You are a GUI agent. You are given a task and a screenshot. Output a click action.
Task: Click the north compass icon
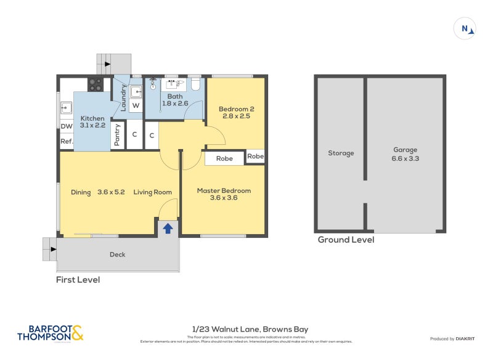point(465,28)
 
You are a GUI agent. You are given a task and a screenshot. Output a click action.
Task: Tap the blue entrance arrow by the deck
point(167,229)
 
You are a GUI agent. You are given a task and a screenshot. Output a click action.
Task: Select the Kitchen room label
point(92,118)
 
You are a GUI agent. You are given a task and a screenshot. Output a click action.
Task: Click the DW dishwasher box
point(67,127)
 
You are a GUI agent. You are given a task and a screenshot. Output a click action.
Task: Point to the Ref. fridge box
point(67,142)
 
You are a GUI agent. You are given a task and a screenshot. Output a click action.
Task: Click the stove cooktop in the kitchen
point(96,84)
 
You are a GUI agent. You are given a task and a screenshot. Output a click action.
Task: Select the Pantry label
point(118,136)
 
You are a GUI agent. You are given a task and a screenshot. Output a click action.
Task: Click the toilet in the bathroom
point(195,85)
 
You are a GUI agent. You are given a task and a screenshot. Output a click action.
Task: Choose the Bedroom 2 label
point(237,109)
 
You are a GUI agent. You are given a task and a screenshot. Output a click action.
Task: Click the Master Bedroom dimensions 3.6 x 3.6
point(224,198)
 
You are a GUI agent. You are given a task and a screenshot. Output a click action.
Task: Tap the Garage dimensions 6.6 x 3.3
point(405,158)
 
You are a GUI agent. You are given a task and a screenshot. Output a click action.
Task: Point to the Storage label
point(341,153)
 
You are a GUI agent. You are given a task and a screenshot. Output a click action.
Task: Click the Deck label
point(118,255)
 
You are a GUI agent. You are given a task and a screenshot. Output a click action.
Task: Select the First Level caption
point(78,280)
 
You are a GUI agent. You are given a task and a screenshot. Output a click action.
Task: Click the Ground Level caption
point(346,240)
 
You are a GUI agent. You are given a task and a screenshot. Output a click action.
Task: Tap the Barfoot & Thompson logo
point(50,333)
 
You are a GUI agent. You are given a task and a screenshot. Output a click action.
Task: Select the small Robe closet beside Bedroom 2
point(255,157)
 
